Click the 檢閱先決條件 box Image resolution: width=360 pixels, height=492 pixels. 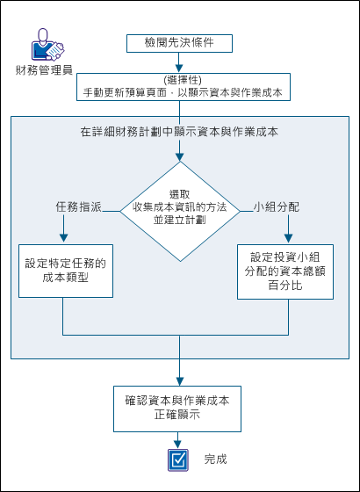[x=180, y=42]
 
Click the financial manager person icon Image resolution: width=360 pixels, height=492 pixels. [x=44, y=44]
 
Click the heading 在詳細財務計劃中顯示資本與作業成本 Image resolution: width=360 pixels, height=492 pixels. [x=180, y=133]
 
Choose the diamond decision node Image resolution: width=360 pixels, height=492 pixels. [x=180, y=211]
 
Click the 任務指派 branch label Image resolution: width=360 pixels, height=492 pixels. [x=78, y=208]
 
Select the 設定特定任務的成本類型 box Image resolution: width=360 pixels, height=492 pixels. [x=65, y=270]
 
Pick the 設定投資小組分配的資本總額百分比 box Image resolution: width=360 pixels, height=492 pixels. [x=289, y=272]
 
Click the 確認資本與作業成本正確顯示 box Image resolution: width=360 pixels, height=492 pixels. [x=180, y=406]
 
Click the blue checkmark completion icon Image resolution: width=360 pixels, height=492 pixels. [x=180, y=459]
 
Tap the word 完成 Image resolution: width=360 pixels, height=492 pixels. [x=216, y=459]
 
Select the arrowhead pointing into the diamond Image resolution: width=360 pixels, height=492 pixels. [x=180, y=156]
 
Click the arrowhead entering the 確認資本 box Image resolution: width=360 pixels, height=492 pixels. [x=180, y=380]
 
